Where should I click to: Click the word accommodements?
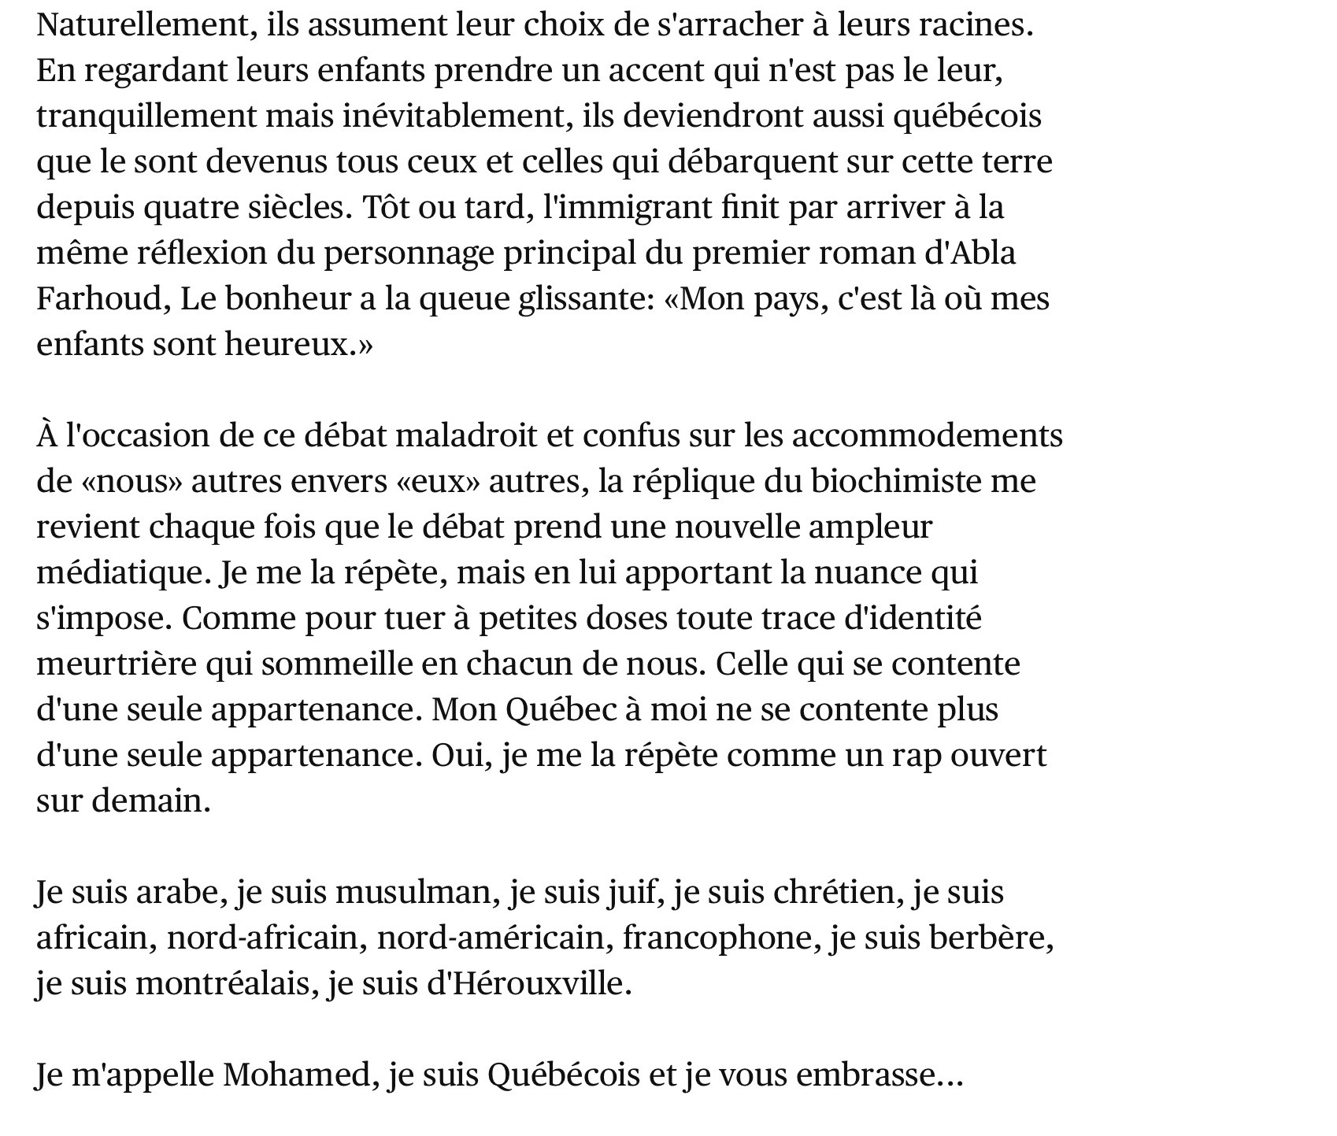(927, 436)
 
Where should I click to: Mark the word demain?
(151, 801)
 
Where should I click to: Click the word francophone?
(720, 938)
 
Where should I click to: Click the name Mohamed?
(297, 1075)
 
